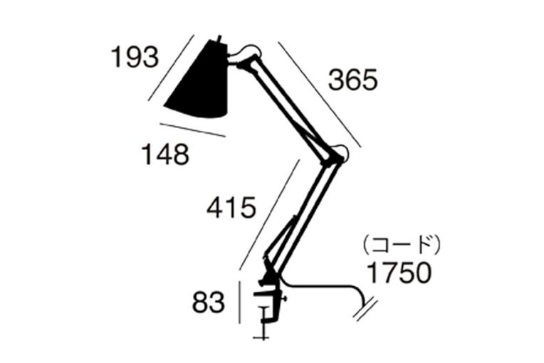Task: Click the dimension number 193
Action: (135, 57)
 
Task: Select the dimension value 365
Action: (353, 80)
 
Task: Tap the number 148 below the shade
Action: (165, 154)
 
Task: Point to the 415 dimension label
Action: (231, 207)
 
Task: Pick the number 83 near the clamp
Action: (209, 302)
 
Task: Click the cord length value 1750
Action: (399, 272)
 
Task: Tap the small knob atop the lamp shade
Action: (219, 38)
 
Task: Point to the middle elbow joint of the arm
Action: (335, 155)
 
